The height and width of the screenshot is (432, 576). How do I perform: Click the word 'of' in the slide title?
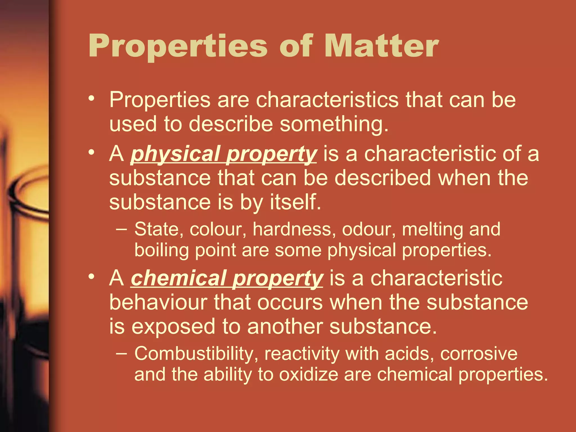296,46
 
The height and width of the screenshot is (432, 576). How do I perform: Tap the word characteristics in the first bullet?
327,100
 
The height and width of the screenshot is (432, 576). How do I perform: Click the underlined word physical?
175,154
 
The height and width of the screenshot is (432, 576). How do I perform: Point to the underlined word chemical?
179,278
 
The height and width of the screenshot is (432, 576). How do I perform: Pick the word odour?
369,229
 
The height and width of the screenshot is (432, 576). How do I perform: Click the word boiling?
161,250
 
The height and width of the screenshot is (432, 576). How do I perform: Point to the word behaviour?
158,303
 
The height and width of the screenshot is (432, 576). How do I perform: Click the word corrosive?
479,354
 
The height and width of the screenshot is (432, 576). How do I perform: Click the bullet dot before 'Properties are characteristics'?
91,98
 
